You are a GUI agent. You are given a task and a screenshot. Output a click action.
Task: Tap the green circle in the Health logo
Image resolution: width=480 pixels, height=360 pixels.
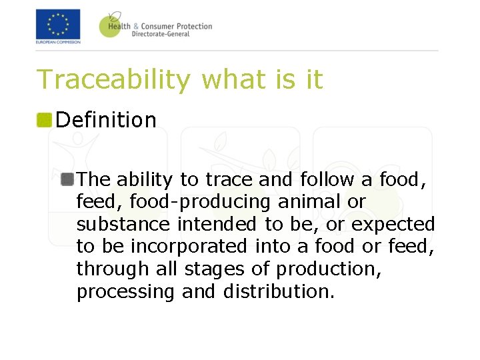tap(111, 25)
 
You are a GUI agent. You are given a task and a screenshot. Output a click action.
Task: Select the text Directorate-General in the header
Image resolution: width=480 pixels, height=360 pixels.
tap(161, 34)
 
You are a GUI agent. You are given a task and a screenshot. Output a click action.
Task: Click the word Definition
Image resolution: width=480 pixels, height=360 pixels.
tap(106, 120)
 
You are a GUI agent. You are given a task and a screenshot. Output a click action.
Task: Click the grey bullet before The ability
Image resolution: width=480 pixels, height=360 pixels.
tap(67, 179)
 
